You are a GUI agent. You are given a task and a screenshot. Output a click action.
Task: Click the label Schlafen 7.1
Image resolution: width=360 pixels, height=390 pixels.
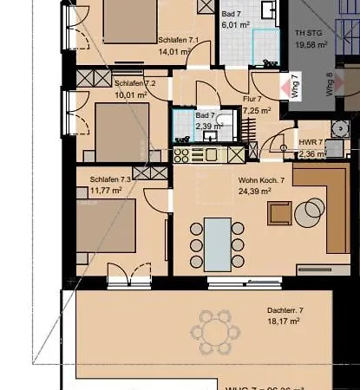(179, 40)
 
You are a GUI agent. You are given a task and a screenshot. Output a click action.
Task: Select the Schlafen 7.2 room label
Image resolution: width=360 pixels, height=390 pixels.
(134, 83)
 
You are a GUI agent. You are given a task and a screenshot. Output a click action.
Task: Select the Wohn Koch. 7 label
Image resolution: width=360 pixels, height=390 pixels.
(261, 181)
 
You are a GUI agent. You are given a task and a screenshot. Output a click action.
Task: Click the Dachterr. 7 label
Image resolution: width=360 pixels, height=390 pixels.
(286, 309)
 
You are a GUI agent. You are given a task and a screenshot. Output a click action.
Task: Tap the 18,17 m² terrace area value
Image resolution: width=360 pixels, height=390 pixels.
(285, 321)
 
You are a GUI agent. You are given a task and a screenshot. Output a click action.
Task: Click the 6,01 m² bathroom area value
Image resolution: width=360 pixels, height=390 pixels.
(234, 25)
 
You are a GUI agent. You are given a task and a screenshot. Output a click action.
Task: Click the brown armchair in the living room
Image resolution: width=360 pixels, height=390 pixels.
(280, 212)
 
